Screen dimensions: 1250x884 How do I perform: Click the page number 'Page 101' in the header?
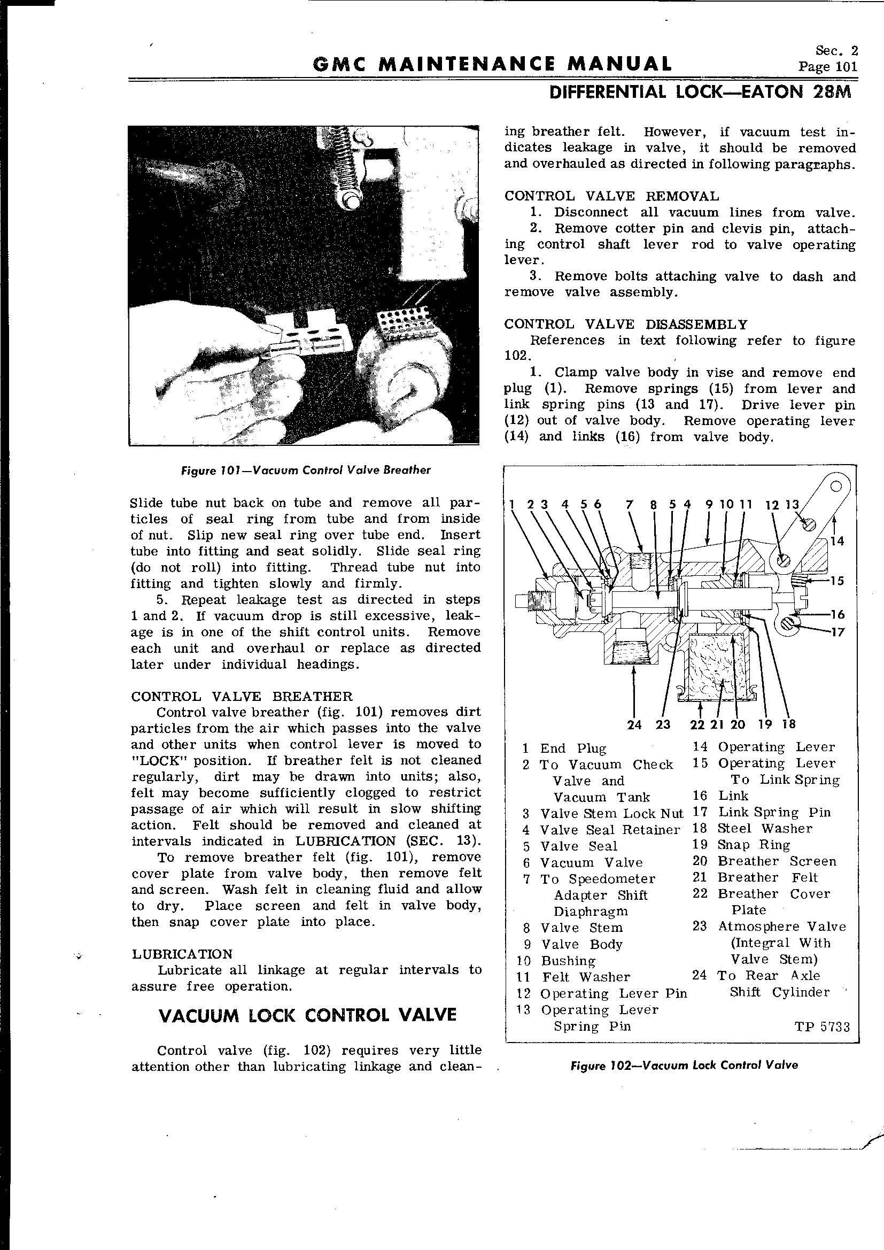point(827,67)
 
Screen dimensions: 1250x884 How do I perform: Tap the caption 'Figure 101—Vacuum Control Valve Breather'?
point(305,470)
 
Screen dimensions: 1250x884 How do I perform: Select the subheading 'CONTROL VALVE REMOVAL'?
point(611,196)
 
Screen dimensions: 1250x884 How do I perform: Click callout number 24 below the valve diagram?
point(634,724)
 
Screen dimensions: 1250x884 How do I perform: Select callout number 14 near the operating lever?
point(836,541)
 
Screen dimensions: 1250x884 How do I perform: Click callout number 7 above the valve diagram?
point(630,505)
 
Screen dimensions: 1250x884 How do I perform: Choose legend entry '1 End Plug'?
point(564,748)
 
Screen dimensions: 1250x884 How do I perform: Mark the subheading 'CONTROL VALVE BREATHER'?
point(242,696)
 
